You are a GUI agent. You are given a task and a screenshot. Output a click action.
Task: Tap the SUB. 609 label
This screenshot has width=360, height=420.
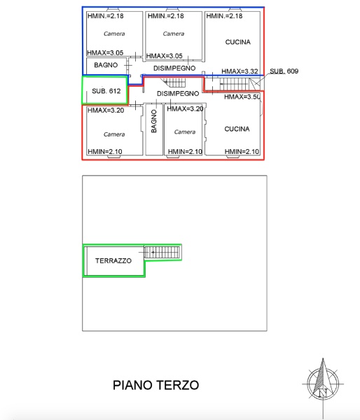click(284, 71)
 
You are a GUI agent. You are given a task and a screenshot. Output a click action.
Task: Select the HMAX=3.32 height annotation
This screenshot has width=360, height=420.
click(240, 71)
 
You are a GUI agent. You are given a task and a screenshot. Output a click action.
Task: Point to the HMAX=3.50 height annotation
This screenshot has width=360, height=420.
click(242, 97)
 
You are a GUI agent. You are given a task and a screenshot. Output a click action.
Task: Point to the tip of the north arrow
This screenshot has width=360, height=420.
click(322, 359)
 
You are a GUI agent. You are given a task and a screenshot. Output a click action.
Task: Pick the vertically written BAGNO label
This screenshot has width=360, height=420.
click(153, 121)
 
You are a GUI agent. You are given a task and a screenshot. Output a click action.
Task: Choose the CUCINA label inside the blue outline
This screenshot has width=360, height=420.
click(237, 42)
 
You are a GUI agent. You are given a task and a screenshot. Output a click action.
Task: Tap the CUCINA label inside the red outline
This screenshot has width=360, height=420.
click(237, 129)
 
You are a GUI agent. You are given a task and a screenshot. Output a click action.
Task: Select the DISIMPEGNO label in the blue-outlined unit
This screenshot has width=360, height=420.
click(174, 68)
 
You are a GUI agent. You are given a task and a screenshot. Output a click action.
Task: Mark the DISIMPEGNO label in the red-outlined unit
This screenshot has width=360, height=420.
click(177, 93)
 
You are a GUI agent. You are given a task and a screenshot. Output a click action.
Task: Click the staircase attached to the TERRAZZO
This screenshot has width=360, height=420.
click(162, 251)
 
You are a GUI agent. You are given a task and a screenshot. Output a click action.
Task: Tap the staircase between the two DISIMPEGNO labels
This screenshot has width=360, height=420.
click(174, 83)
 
